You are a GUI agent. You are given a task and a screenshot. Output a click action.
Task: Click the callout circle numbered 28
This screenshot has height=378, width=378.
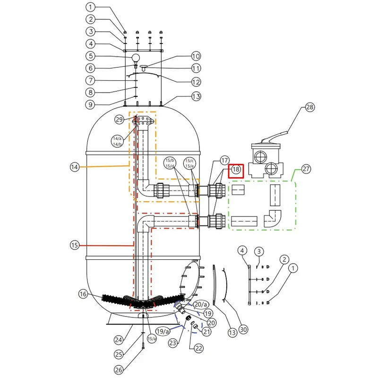310,107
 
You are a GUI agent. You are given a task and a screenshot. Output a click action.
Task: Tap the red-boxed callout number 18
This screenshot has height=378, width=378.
236,169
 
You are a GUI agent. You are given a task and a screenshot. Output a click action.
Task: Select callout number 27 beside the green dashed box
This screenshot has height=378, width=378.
306,169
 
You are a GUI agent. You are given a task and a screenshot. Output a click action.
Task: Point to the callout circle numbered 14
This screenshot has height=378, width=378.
75,167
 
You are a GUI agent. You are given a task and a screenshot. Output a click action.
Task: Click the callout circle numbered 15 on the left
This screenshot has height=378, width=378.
75,245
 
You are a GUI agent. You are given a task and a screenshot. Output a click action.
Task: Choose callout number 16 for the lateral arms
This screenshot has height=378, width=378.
83,294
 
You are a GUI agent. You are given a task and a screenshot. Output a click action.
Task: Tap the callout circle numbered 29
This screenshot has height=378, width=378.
119,120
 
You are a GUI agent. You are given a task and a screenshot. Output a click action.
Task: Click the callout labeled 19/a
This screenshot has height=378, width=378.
163,331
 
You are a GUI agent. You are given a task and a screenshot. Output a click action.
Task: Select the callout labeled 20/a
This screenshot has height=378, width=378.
201,304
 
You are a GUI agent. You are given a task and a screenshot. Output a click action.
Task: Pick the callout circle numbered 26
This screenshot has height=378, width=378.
119,369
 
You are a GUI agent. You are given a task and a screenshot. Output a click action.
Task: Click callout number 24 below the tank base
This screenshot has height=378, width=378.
119,340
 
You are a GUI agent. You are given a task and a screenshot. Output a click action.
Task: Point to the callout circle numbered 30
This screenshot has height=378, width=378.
243,329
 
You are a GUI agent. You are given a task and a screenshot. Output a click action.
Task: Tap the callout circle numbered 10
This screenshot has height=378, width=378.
196,56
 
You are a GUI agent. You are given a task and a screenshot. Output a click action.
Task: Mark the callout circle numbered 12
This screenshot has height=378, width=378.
196,82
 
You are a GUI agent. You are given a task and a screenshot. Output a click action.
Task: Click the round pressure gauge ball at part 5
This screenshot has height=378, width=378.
136,58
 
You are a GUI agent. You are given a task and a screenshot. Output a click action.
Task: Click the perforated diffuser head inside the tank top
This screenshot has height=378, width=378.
144,121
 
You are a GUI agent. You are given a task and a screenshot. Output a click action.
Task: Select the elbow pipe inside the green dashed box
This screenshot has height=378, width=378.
273,219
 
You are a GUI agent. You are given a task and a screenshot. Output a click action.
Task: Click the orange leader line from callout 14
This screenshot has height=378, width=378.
104,166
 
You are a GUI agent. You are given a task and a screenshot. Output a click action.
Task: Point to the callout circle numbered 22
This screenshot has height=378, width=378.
198,348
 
